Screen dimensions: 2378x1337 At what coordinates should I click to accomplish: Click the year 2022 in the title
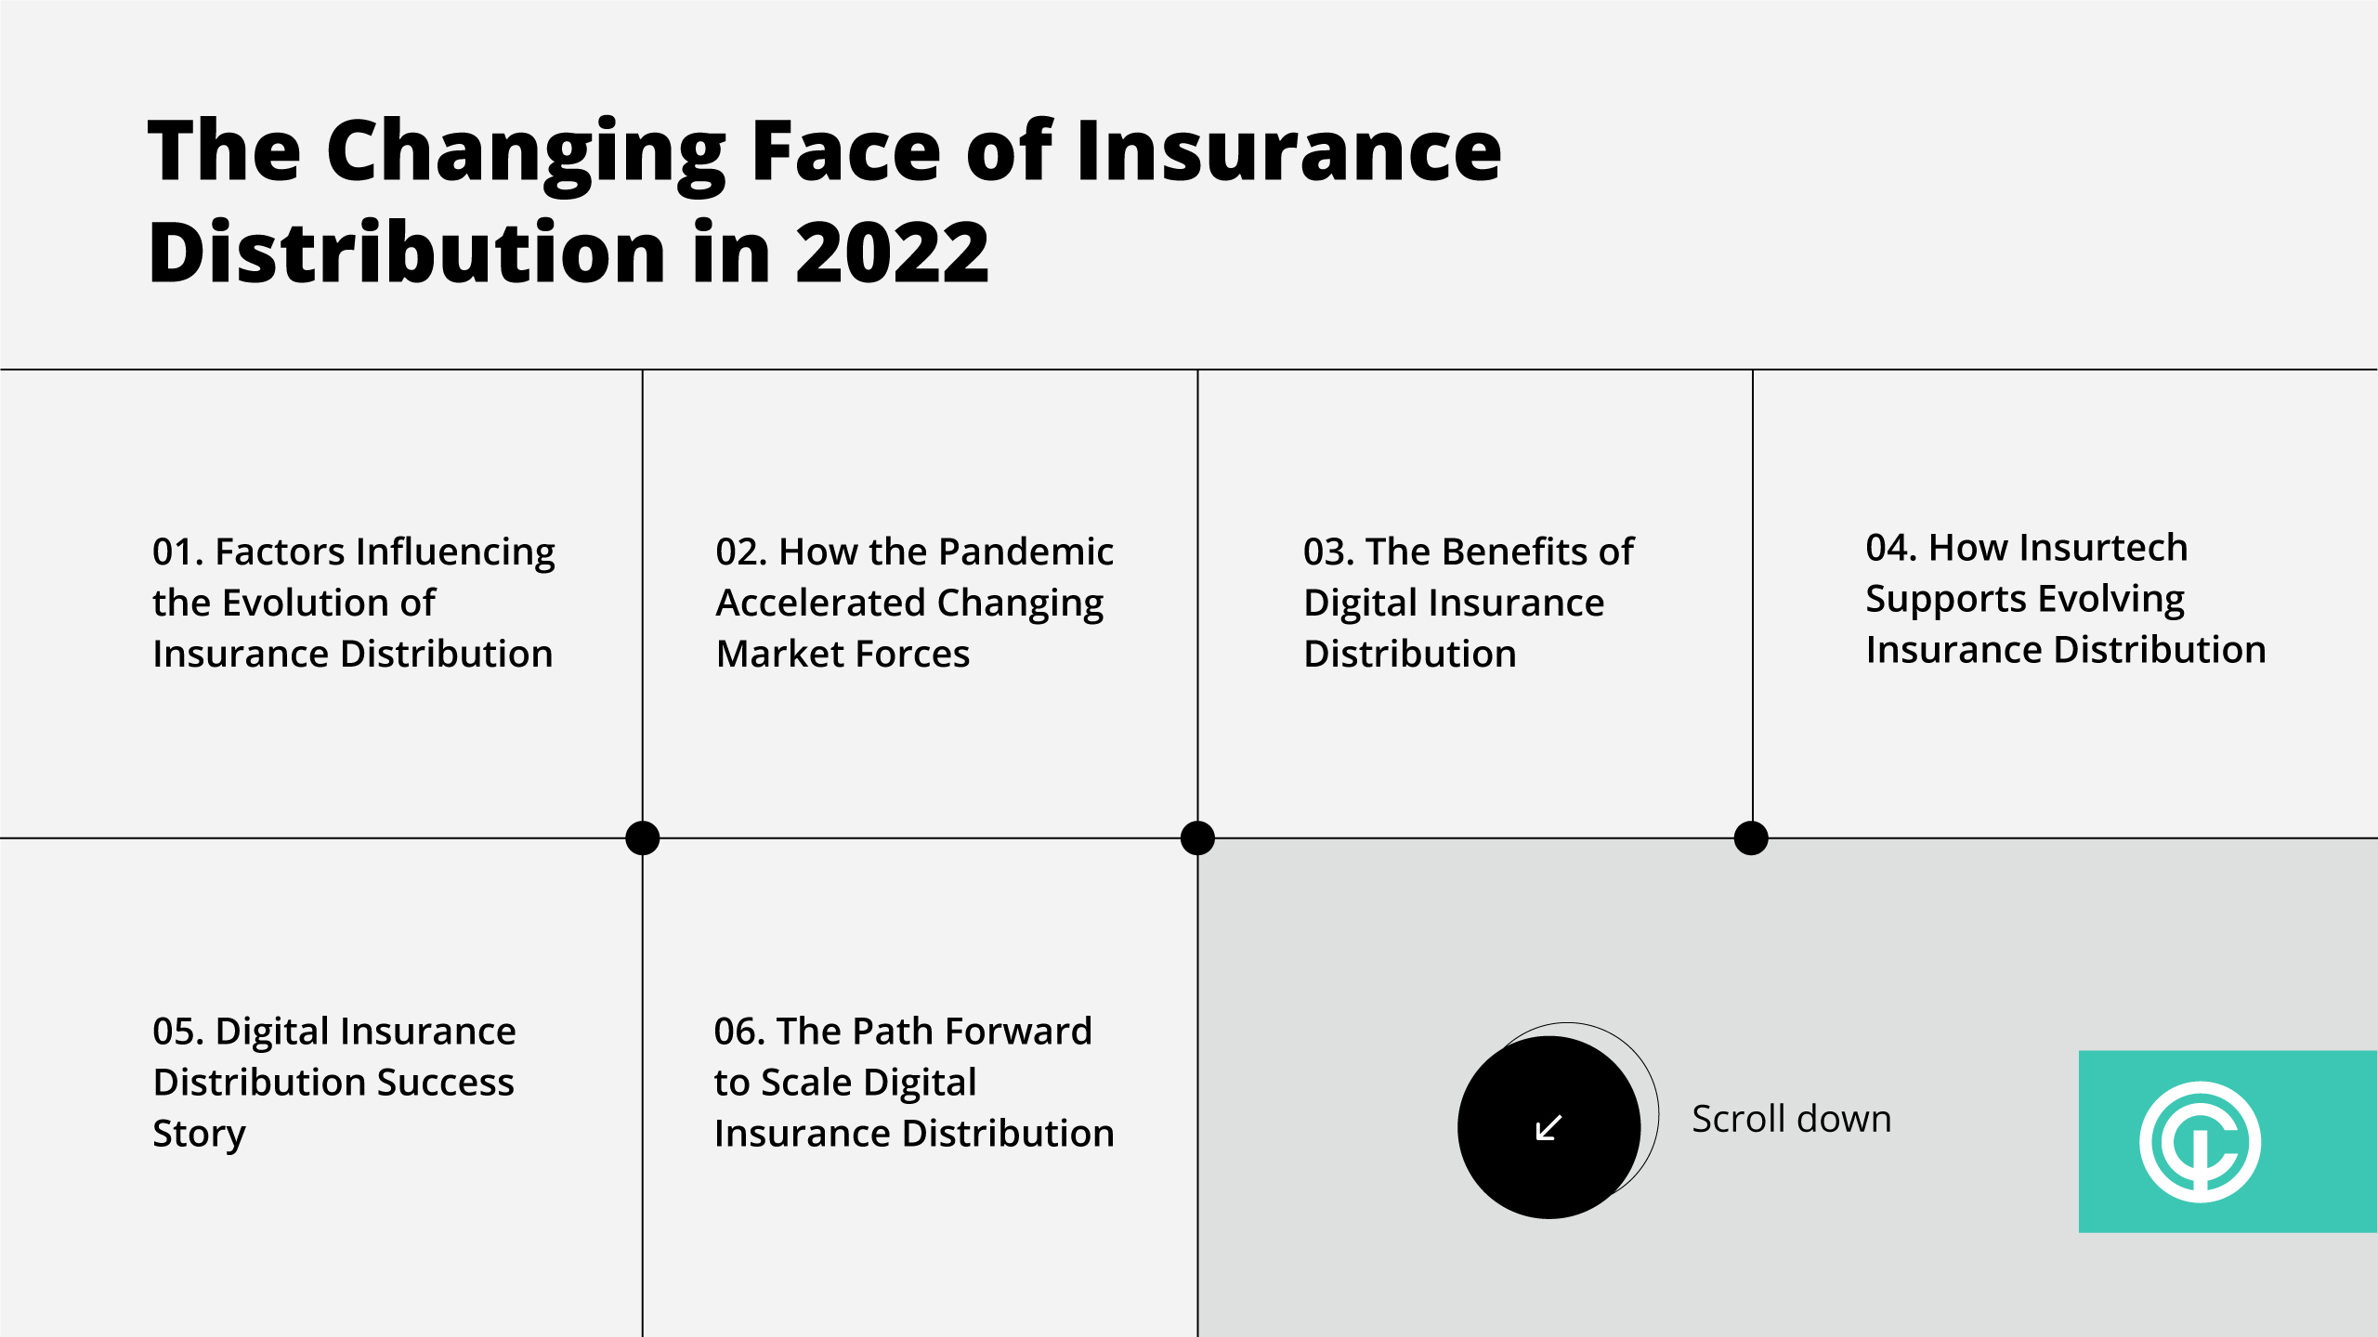point(893,253)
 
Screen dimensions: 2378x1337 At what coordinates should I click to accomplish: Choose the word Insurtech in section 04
point(2104,548)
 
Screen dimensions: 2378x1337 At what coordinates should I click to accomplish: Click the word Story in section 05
point(199,1135)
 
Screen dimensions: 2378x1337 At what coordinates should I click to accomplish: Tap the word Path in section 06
point(892,1032)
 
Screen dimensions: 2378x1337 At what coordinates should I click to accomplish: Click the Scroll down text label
point(1791,1119)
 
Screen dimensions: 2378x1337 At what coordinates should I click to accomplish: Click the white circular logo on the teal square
point(2200,1142)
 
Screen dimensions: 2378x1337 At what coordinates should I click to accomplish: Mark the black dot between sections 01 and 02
point(643,837)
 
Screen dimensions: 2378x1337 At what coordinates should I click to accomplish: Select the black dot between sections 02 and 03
point(1197,837)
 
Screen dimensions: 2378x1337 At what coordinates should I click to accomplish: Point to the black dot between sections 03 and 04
point(1751,837)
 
